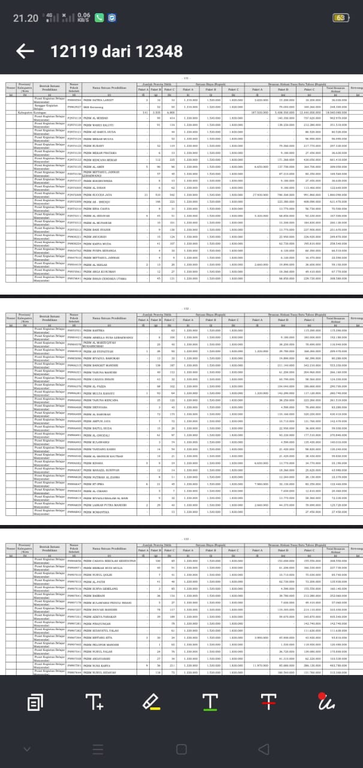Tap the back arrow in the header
coord(25,52)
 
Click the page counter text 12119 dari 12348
coord(117,52)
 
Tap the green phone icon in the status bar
coord(99,18)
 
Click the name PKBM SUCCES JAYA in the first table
coord(98,195)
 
